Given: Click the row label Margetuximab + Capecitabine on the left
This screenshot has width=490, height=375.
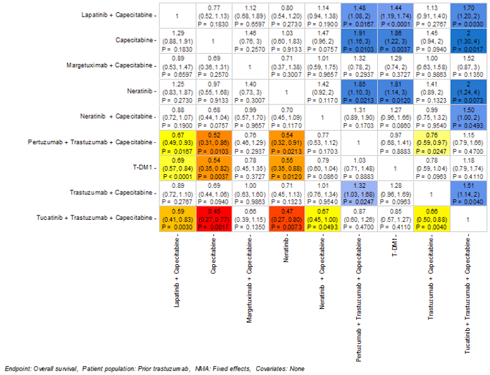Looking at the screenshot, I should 110,65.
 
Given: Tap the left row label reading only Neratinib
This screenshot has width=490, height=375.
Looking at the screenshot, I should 139,92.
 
